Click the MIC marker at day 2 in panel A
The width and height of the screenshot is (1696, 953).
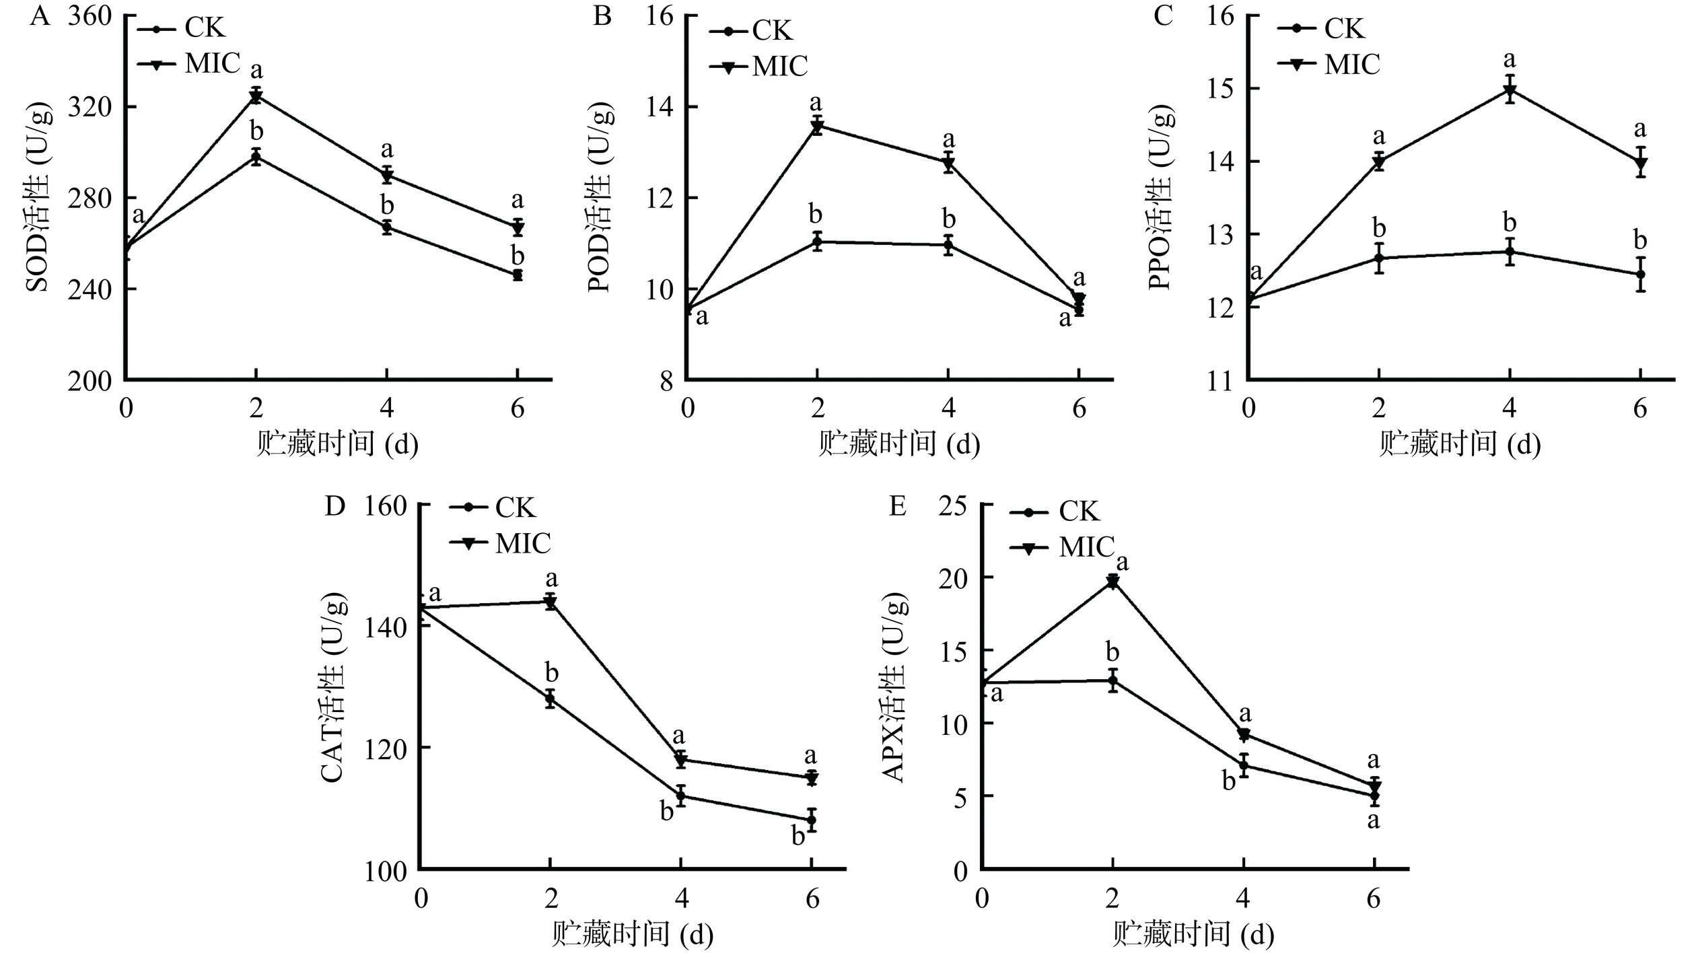(256, 96)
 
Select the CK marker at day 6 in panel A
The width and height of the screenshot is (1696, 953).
(518, 275)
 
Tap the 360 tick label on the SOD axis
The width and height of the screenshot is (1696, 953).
(89, 17)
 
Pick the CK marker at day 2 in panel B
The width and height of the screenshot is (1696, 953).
(817, 241)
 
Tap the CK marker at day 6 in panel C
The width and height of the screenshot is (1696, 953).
(1640, 274)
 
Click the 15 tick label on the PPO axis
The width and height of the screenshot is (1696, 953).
(1219, 89)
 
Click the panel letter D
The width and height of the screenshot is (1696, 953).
(334, 506)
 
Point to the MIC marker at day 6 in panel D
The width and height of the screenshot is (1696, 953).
(812, 778)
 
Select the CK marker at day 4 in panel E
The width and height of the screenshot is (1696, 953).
(1243, 765)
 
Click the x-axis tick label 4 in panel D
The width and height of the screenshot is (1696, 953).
(681, 899)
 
